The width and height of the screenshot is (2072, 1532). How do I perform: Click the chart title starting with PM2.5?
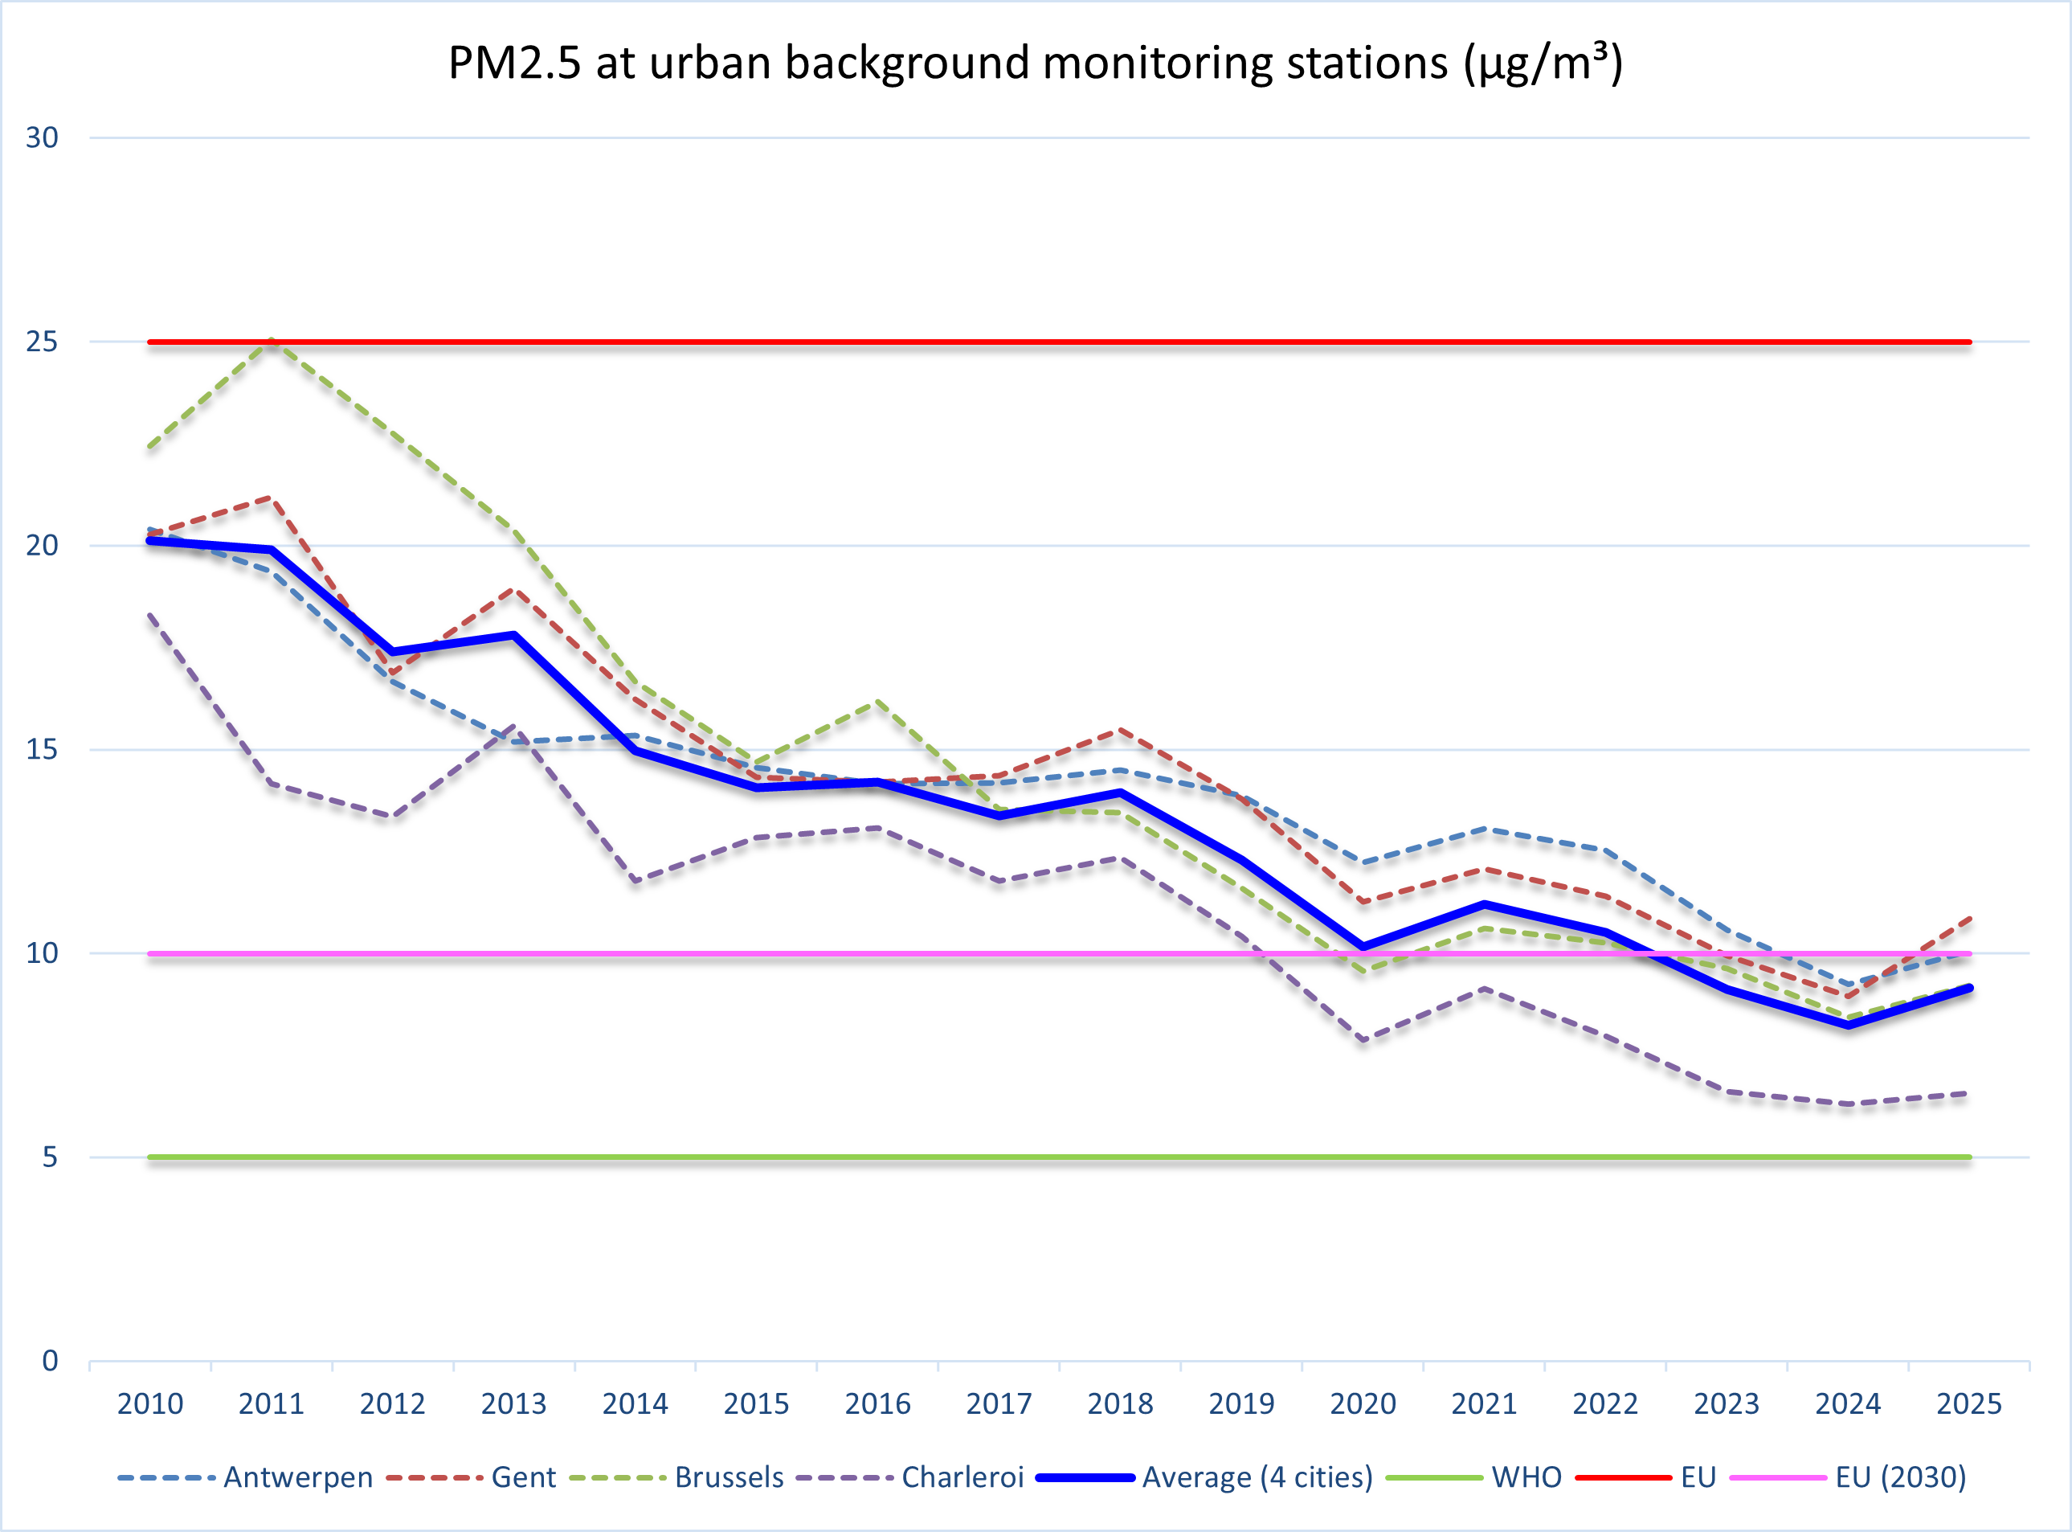click(1035, 63)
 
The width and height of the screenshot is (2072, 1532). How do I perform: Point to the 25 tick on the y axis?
click(42, 342)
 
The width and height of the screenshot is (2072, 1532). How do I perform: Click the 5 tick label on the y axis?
click(50, 1157)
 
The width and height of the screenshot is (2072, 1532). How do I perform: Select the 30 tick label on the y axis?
click(42, 138)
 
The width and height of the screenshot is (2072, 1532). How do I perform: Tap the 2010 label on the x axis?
click(150, 1404)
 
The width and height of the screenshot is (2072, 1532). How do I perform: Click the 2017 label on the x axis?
click(999, 1404)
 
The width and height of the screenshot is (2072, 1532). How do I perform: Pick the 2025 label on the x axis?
click(1969, 1404)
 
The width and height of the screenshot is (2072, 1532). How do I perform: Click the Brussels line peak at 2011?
click(272, 340)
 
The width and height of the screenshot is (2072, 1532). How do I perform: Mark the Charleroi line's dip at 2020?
click(1363, 1041)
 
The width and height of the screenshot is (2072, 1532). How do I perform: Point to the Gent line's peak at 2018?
click(1120, 731)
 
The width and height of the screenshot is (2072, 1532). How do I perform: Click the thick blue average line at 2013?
click(513, 635)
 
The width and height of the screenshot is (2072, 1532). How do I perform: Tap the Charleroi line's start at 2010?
click(150, 616)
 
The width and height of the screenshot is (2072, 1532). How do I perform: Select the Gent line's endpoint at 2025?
click(1969, 918)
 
